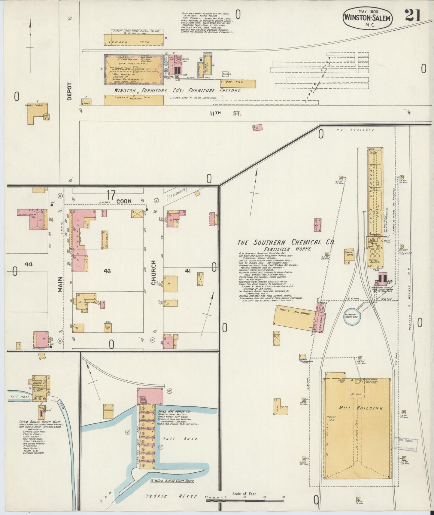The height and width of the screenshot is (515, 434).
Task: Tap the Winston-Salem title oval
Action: click(368, 18)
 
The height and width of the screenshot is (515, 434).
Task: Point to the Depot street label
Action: click(69, 91)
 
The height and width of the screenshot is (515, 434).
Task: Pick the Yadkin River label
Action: click(171, 496)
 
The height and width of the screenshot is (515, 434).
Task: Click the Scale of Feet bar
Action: click(245, 500)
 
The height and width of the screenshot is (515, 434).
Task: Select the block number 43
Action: click(107, 271)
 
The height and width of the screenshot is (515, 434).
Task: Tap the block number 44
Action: click(29, 264)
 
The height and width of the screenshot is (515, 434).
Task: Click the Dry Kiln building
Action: click(238, 83)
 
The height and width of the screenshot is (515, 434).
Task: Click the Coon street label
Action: click(124, 201)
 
